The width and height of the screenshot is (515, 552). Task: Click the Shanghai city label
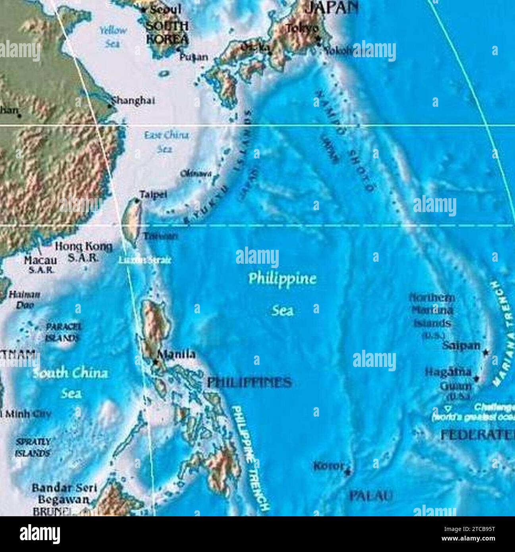(x=133, y=100)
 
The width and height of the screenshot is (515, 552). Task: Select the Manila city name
(x=177, y=354)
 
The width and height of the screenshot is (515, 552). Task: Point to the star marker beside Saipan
(x=486, y=352)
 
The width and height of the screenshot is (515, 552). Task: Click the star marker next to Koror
(x=348, y=472)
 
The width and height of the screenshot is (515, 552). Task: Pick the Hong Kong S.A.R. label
(x=83, y=252)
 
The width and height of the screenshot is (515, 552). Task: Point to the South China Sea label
(x=70, y=383)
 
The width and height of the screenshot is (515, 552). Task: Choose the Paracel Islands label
(x=63, y=332)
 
